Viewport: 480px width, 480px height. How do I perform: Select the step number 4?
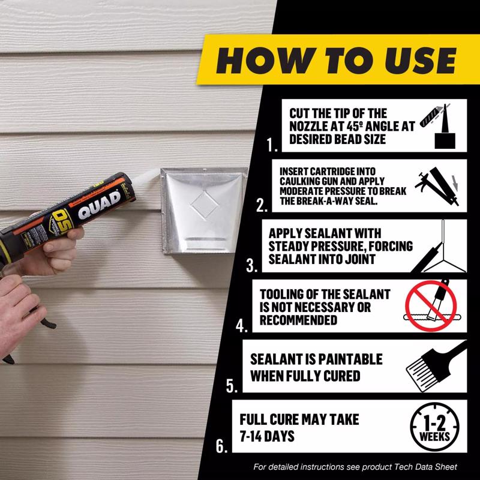[x=241, y=326]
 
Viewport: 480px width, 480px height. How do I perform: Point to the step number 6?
[x=221, y=446]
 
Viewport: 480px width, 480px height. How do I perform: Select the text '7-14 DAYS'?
[x=267, y=436]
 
